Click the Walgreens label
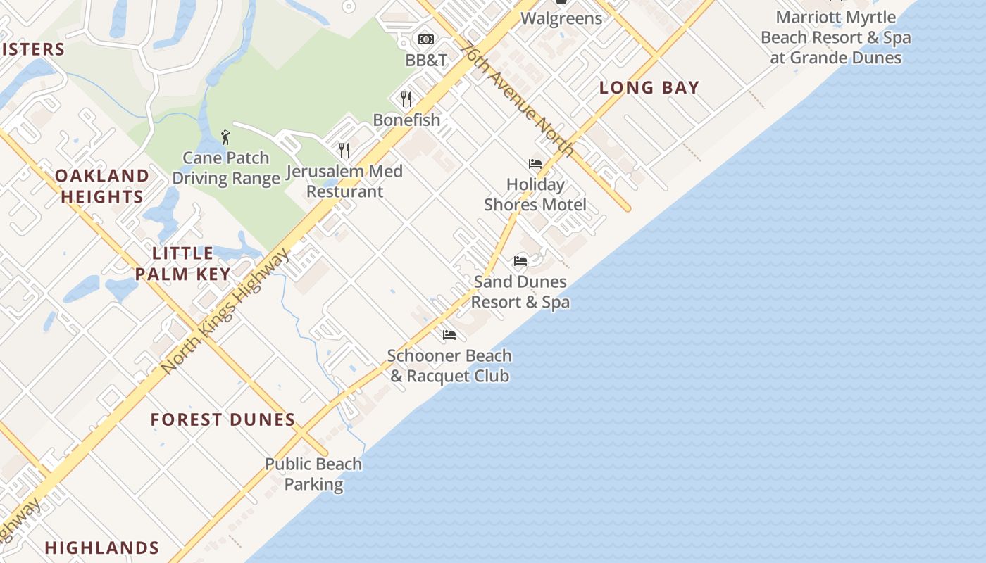pyautogui.click(x=561, y=18)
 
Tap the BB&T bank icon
pyautogui.click(x=426, y=39)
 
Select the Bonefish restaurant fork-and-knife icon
pyautogui.click(x=406, y=99)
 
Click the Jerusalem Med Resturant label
pyautogui.click(x=345, y=181)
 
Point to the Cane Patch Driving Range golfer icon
pyautogui.click(x=225, y=137)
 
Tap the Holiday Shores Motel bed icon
pyautogui.click(x=535, y=164)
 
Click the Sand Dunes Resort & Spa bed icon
pyautogui.click(x=520, y=261)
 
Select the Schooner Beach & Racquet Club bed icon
pyautogui.click(x=449, y=334)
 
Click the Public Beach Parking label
pyautogui.click(x=313, y=474)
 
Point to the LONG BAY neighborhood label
pyautogui.click(x=649, y=88)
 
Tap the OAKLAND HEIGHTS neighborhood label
pyautogui.click(x=102, y=186)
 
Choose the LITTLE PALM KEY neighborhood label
pyautogui.click(x=183, y=263)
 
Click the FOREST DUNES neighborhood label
pyautogui.click(x=223, y=420)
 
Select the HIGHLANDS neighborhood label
pyautogui.click(x=102, y=548)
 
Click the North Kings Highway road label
pyautogui.click(x=225, y=310)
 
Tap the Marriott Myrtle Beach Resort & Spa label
pyautogui.click(x=835, y=37)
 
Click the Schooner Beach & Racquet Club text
pyautogui.click(x=449, y=365)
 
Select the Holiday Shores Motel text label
pyautogui.click(x=535, y=194)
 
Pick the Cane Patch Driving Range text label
pyautogui.click(x=226, y=167)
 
